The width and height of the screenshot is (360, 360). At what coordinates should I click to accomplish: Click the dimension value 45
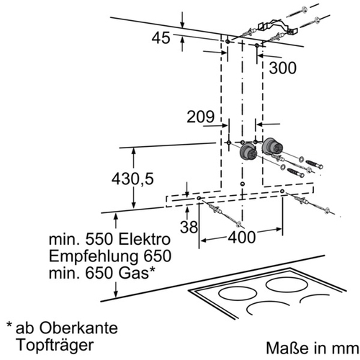click(x=161, y=38)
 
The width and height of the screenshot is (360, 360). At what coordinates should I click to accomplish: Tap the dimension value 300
click(x=283, y=68)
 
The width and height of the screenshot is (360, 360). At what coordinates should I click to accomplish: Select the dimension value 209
click(x=201, y=117)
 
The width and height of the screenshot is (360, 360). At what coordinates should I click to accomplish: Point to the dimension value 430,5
click(x=132, y=179)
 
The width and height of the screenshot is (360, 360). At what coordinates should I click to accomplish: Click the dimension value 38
click(x=189, y=227)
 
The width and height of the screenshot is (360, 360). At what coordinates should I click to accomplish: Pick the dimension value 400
click(x=242, y=238)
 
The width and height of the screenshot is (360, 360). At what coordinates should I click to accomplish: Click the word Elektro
click(x=144, y=239)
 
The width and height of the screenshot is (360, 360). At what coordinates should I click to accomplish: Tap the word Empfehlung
click(x=94, y=256)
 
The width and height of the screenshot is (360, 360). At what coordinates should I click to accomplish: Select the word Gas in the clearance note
click(x=134, y=273)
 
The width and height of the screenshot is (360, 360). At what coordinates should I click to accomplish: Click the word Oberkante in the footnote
click(x=78, y=328)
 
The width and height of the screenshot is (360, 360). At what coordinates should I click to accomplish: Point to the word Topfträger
click(x=55, y=345)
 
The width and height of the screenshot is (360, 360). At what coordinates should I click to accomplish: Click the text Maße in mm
click(x=312, y=348)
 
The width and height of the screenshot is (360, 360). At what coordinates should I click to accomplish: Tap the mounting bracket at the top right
click(x=278, y=26)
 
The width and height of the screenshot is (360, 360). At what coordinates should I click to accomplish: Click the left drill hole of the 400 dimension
click(x=199, y=198)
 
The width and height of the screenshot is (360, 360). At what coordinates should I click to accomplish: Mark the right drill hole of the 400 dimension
click(x=282, y=192)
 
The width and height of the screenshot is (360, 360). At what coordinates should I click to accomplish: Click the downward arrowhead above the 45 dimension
click(x=182, y=25)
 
